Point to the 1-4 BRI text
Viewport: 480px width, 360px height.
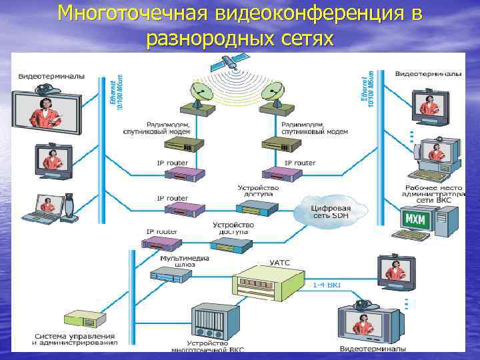327,285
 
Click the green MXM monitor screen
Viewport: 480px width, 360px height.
415,218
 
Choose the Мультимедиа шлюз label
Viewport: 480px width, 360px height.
185,261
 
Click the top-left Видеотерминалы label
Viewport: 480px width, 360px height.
51,76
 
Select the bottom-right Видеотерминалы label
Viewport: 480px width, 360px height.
373,348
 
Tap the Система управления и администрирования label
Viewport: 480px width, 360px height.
75,339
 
